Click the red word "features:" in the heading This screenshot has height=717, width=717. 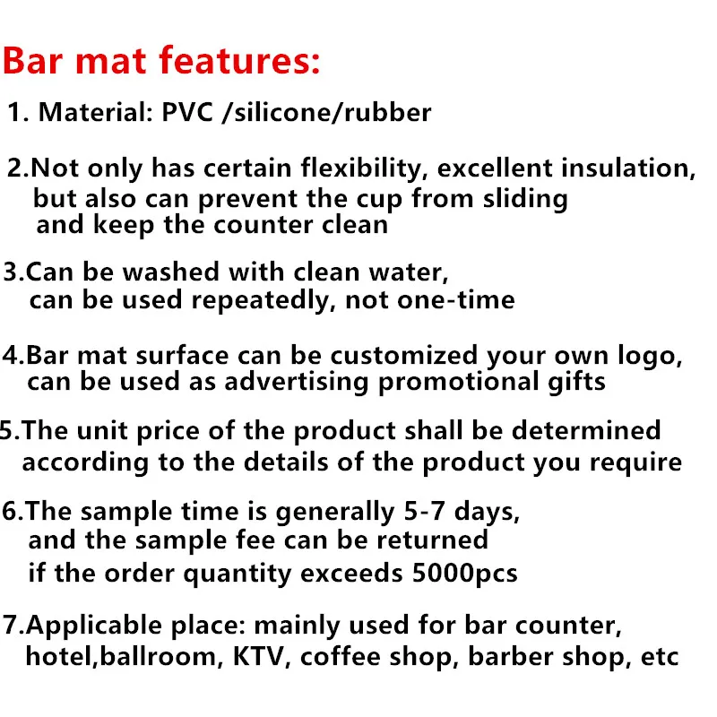pyautogui.click(x=239, y=60)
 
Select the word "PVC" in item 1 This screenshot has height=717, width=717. pyautogui.click(x=187, y=112)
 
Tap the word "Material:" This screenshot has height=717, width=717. pyautogui.click(x=96, y=112)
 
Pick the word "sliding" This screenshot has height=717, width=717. pyautogui.click(x=525, y=199)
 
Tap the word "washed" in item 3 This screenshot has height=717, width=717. pyautogui.click(x=170, y=272)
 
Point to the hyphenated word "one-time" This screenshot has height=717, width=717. pyautogui.click(x=456, y=300)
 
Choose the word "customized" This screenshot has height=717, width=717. pyautogui.click(x=404, y=356)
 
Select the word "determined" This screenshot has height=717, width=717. pyautogui.click(x=586, y=431)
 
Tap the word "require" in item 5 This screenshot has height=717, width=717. pyautogui.click(x=635, y=462)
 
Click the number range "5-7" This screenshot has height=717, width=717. pyautogui.click(x=424, y=511)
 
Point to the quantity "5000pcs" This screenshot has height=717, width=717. pyautogui.click(x=464, y=574)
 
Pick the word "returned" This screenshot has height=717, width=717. pyautogui.click(x=432, y=540)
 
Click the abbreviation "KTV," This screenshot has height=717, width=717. pyautogui.click(x=262, y=657)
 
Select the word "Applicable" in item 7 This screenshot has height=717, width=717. pyautogui.click(x=94, y=626)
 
